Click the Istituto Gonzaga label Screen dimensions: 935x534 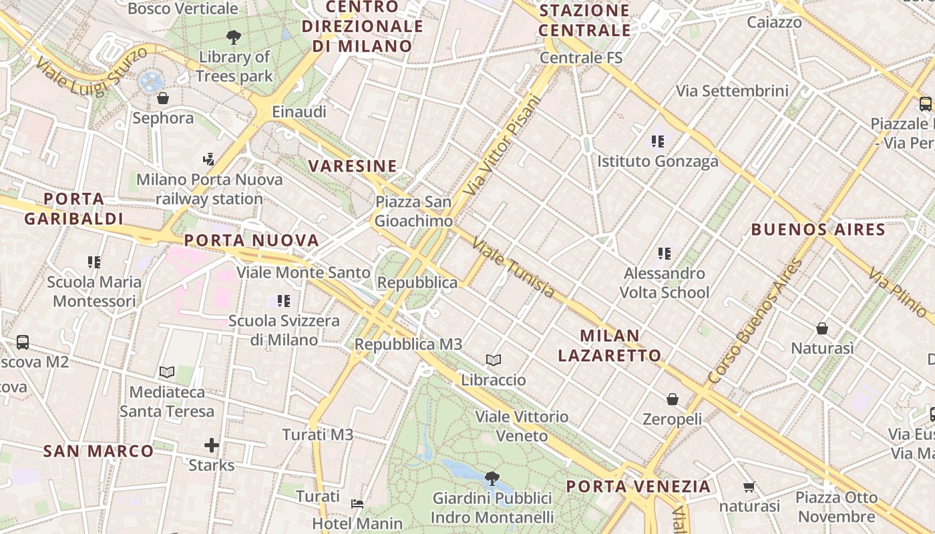pos(658,161)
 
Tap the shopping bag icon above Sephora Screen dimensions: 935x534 pos(163,99)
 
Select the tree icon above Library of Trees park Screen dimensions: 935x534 pos(234,37)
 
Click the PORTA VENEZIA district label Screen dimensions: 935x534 pos(638,486)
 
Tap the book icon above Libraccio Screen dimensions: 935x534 pos(494,360)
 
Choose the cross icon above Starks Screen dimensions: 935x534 pos(212,445)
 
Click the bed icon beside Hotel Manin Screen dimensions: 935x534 pos(357,503)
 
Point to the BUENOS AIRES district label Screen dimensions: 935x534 pos(818,230)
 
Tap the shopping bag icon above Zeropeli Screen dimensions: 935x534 pos(673,399)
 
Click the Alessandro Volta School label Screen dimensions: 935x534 pos(665,283)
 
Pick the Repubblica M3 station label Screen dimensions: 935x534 pos(408,344)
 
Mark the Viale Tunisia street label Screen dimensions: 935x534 pos(513,267)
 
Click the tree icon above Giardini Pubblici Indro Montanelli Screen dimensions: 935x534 pos(492,478)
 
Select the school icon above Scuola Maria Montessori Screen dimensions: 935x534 pos(94,262)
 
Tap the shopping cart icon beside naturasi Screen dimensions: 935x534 pos(749,487)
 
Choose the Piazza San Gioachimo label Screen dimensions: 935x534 pos(413,211)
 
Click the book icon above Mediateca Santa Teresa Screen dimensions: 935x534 pos(167,372)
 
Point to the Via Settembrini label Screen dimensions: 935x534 pos(732,91)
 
